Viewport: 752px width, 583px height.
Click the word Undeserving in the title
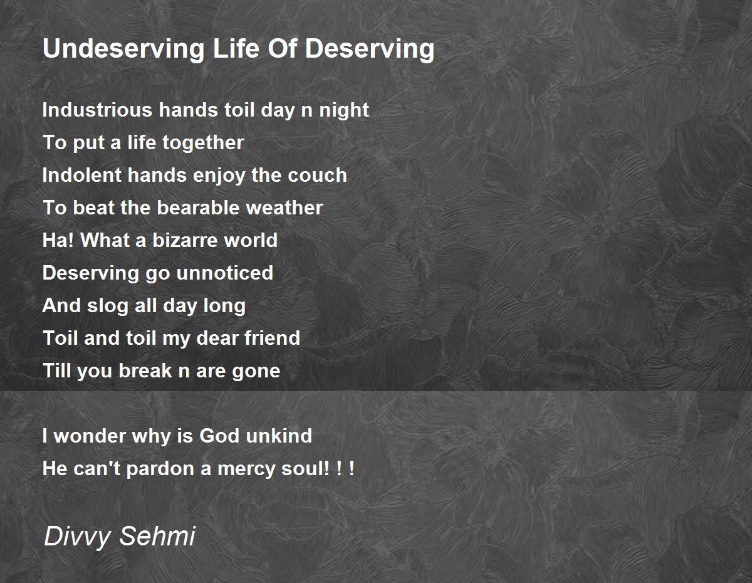(x=123, y=50)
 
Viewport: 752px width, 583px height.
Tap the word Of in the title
(x=283, y=48)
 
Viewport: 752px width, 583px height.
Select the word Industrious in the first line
(x=97, y=110)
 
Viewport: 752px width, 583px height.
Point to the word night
(x=344, y=111)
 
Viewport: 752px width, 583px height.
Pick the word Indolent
(x=82, y=175)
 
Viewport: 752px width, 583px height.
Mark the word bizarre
(x=184, y=240)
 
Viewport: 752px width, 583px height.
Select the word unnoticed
(x=224, y=273)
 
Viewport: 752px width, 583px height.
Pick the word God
(x=219, y=436)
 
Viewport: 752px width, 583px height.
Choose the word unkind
(x=279, y=436)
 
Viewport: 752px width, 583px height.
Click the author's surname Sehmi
(x=158, y=536)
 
